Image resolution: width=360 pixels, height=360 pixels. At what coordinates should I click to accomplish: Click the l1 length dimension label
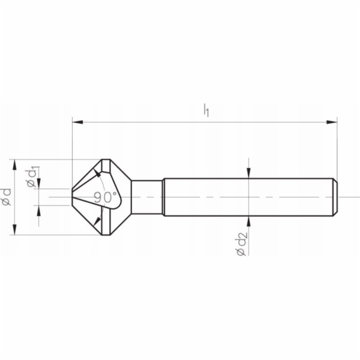pos(206,110)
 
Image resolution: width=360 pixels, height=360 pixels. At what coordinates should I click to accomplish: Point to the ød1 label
pos(32,176)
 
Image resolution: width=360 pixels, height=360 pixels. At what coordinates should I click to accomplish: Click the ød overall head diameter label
pos(7,197)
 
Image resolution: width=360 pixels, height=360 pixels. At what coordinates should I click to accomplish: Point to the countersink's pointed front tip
pos(73,197)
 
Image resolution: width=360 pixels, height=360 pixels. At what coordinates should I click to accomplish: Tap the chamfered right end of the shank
pos(335,197)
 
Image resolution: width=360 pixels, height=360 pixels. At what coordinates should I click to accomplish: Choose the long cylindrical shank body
pos(246,197)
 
